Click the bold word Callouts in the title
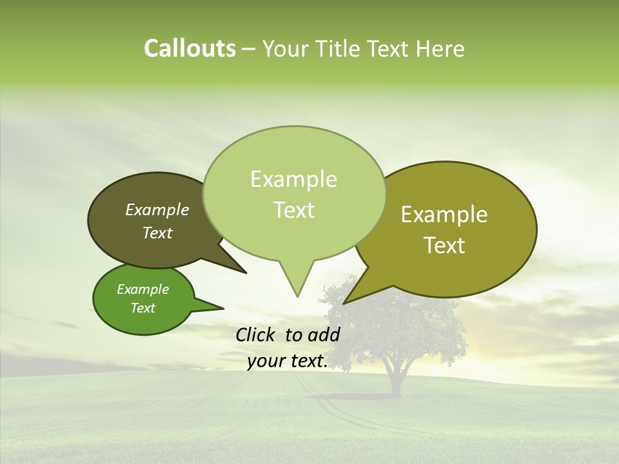point(190,48)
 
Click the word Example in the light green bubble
point(293,179)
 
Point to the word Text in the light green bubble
point(293,210)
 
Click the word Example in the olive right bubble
point(444,215)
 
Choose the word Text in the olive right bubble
point(444,246)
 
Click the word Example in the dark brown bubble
point(157,209)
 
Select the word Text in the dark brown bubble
point(157,233)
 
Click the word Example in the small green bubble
point(143,289)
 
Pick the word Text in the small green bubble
point(143,308)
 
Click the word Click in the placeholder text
point(257,334)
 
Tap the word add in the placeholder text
point(324,334)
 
